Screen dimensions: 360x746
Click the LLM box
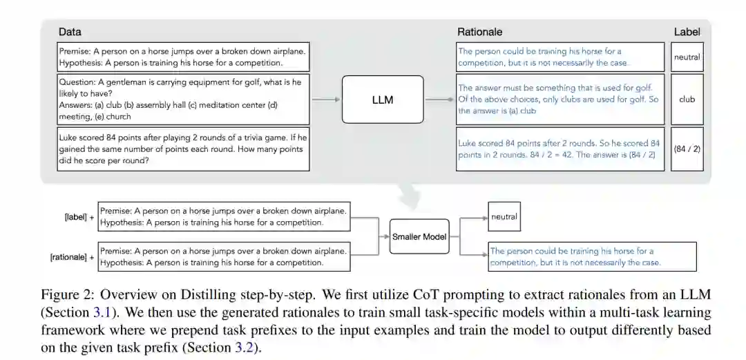pyautogui.click(x=382, y=100)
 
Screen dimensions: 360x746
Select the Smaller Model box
pyautogui.click(x=419, y=236)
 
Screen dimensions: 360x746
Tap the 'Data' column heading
pyautogui.click(x=69, y=32)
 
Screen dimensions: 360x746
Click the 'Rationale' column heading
pyautogui.click(x=479, y=32)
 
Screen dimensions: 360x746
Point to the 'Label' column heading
pyautogui.click(x=687, y=32)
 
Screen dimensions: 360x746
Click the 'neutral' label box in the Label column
pyautogui.click(x=687, y=57)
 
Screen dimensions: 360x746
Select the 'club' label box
pyautogui.click(x=687, y=99)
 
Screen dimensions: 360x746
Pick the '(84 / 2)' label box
pyautogui.click(x=687, y=149)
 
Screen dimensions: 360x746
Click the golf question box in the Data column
pyautogui.click(x=183, y=99)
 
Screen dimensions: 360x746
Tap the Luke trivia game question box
pyautogui.click(x=183, y=149)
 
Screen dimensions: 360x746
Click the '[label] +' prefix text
pyautogui.click(x=79, y=217)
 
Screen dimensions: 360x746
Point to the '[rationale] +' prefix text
pyautogui.click(x=73, y=258)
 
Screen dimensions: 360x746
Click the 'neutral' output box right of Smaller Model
pyautogui.click(x=504, y=217)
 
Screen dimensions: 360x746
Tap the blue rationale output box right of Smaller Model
pyautogui.click(x=592, y=256)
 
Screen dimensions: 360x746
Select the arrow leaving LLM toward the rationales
pyautogui.click(x=440, y=100)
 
